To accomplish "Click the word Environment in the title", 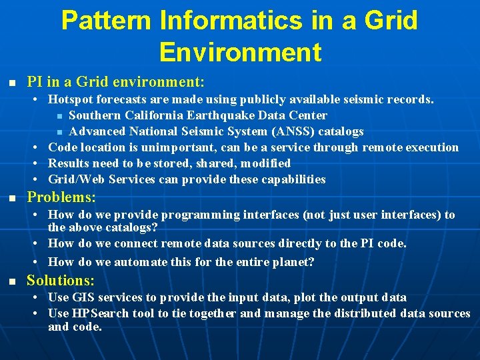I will [x=240, y=51].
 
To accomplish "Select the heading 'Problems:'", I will [x=61, y=198].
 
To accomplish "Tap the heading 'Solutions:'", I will [x=61, y=281].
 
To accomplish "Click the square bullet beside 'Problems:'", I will [x=11, y=199].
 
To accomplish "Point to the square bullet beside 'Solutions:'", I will [x=11, y=281].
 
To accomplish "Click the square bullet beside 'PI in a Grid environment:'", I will [x=11, y=83].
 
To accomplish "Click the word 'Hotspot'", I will [x=71, y=100].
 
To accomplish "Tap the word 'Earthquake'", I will [x=219, y=115].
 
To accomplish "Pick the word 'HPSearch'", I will [x=95, y=313].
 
